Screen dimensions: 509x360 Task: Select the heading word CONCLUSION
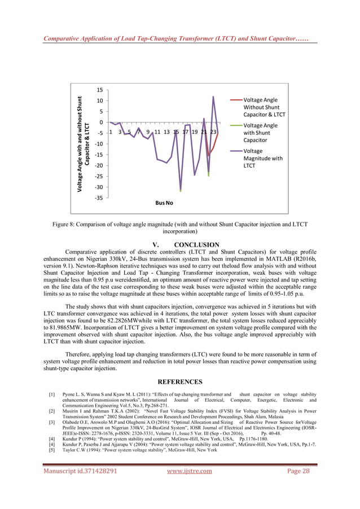pyautogui.click(x=197, y=245)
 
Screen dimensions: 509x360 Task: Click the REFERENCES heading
pyautogui.click(x=180, y=381)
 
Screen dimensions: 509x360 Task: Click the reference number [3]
pyautogui.click(x=52, y=422)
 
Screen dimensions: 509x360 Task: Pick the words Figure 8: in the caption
pyautogui.click(x=66, y=224)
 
